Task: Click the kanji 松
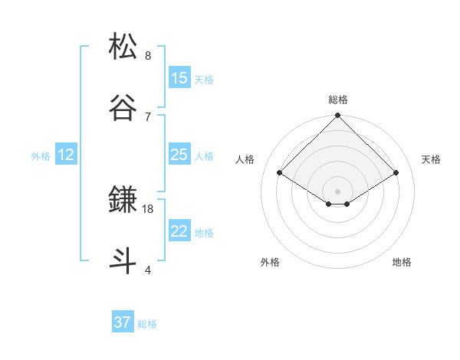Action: pos(123,47)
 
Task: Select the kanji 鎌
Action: pos(123,199)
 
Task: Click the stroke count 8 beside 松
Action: pos(147,56)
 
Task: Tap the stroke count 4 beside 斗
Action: pos(147,270)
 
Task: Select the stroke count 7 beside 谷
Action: pos(147,116)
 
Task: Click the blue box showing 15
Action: pos(179,77)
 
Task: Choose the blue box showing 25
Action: pos(179,155)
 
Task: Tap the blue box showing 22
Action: pos(179,231)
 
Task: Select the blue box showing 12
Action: pos(65,155)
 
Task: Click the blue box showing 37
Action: pos(122,322)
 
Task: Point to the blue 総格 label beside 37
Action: pos(147,324)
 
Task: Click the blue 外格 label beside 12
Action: pos(41,156)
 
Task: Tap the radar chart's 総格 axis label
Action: pos(338,100)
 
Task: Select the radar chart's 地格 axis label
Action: pos(402,262)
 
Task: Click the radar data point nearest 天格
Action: pos(396,173)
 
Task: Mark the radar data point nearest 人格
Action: pos(280,173)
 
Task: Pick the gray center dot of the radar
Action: pos(338,191)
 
